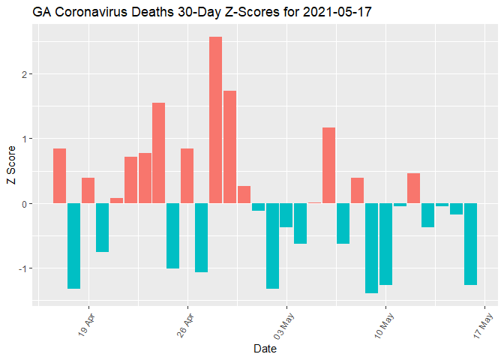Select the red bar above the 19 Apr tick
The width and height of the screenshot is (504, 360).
tap(88, 190)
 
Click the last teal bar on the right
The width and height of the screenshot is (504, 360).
tap(470, 244)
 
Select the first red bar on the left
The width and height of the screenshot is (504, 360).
tap(59, 175)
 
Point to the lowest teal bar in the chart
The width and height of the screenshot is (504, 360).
tap(371, 248)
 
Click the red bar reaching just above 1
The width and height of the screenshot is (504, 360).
tap(328, 165)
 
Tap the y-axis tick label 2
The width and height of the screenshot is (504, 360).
tap(25, 74)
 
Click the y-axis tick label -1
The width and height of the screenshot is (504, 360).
tap(22, 268)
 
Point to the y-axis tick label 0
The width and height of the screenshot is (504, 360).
tap(25, 204)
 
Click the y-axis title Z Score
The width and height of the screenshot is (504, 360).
tap(10, 170)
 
